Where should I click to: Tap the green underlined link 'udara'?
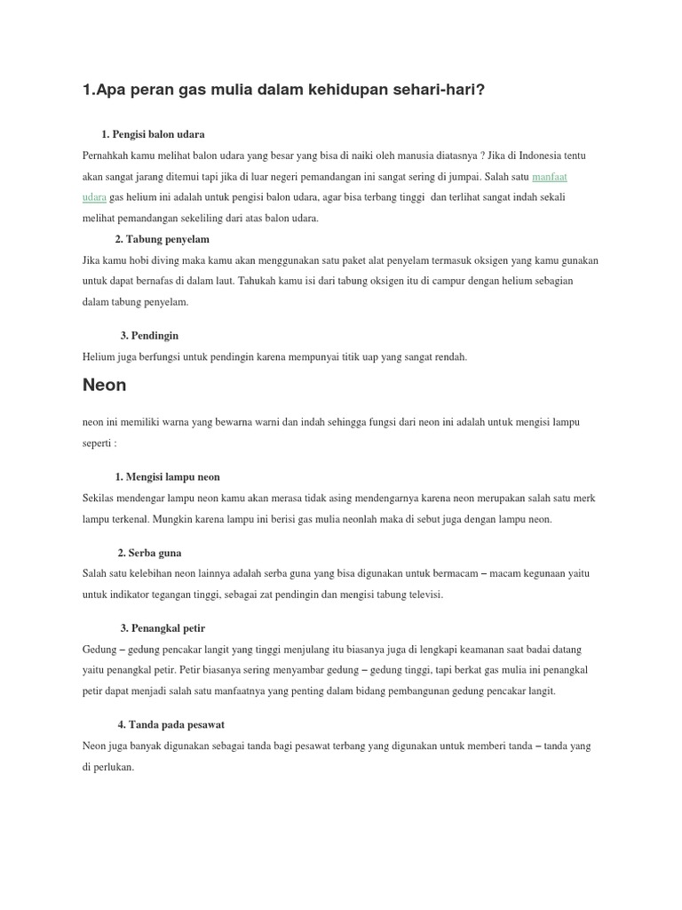pyautogui.click(x=94, y=196)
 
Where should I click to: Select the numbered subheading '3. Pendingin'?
pyautogui.click(x=149, y=335)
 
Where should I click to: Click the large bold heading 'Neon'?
pyautogui.click(x=104, y=385)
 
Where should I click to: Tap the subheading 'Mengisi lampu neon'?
pyautogui.click(x=173, y=477)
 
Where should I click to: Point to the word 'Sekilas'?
pyautogui.click(x=99, y=498)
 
